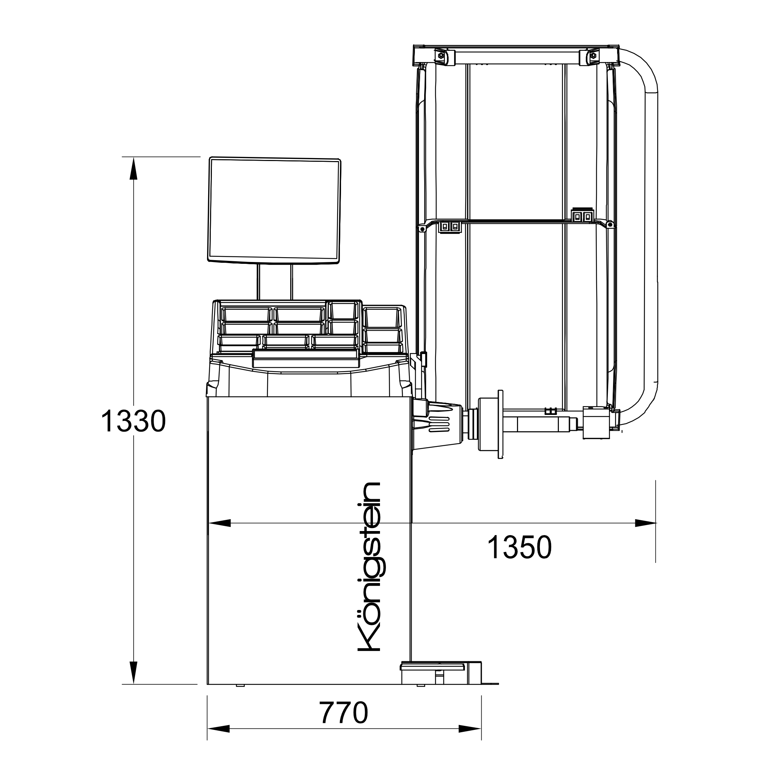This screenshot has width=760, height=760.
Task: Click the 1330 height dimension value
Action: (133, 421)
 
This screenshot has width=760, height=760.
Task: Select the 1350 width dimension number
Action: (519, 548)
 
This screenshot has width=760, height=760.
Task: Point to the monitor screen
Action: (274, 210)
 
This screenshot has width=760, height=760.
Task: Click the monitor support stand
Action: (275, 282)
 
